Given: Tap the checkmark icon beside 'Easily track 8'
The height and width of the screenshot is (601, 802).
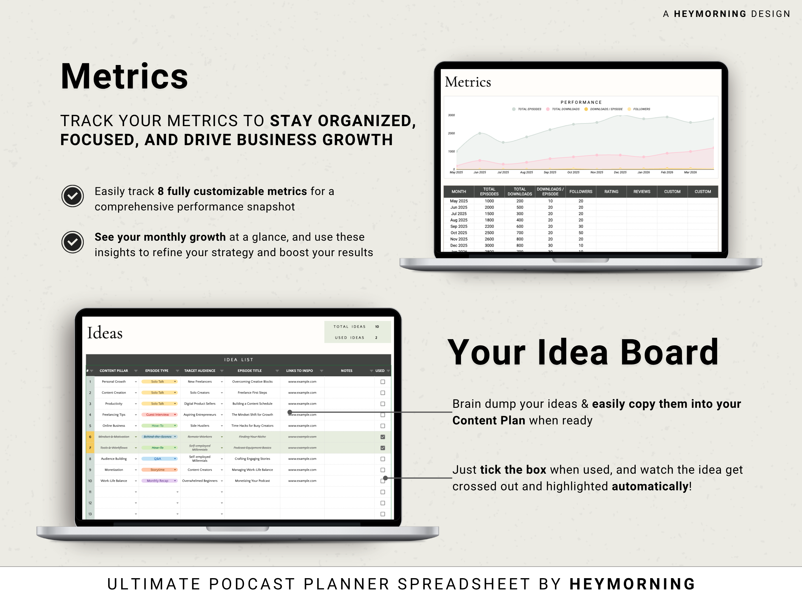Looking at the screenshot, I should (72, 196).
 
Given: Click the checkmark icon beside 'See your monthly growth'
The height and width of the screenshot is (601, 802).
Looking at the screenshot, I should (72, 242).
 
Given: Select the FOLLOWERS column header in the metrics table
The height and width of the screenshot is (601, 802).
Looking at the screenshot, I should (580, 192).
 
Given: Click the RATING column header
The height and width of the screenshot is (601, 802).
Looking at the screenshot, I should (611, 192).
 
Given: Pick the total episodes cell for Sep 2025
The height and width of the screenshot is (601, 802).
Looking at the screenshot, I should (489, 226).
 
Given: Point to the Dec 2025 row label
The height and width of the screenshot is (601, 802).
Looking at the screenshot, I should (459, 246).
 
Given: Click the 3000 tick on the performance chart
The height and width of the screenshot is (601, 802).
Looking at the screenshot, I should (451, 115).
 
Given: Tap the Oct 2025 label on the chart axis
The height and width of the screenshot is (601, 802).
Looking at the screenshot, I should (573, 172).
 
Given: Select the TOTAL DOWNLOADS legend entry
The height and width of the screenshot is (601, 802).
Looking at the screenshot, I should (565, 109).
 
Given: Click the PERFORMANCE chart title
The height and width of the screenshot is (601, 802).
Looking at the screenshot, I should (581, 102).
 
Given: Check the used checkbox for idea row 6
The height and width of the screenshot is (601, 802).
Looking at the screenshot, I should (383, 437).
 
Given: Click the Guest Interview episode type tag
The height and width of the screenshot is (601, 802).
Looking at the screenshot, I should (158, 415).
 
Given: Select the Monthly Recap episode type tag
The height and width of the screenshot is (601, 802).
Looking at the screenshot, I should (158, 481).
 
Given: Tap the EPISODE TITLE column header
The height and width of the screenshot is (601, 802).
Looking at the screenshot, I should (250, 371).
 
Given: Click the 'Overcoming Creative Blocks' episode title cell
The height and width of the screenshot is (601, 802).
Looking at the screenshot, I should (252, 382).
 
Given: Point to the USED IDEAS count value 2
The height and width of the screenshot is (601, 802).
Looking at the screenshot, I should (376, 338).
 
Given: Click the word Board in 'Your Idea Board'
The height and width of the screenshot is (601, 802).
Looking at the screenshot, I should (669, 353).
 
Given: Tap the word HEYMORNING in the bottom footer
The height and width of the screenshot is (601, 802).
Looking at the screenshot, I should (632, 584).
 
